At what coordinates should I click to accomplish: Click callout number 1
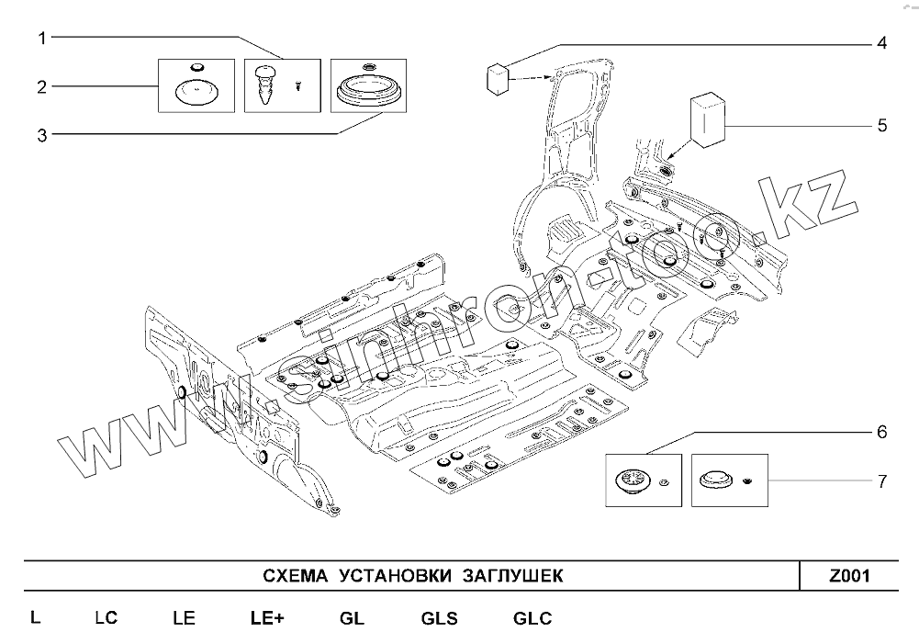(41, 38)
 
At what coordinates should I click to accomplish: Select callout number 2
(41, 87)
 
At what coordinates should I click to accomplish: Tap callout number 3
(41, 135)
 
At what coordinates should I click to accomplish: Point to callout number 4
(880, 43)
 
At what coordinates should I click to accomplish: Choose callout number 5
(882, 125)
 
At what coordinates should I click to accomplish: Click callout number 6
(881, 431)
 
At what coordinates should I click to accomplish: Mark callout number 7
(881, 480)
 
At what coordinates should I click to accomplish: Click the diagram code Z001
(849, 576)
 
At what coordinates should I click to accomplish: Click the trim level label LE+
(267, 618)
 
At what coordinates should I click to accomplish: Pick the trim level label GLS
(439, 618)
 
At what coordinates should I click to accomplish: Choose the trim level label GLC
(532, 618)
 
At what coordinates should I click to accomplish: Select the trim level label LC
(106, 618)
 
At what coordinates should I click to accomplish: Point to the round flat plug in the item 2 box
(196, 92)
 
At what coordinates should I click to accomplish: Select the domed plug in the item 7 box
(715, 480)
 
